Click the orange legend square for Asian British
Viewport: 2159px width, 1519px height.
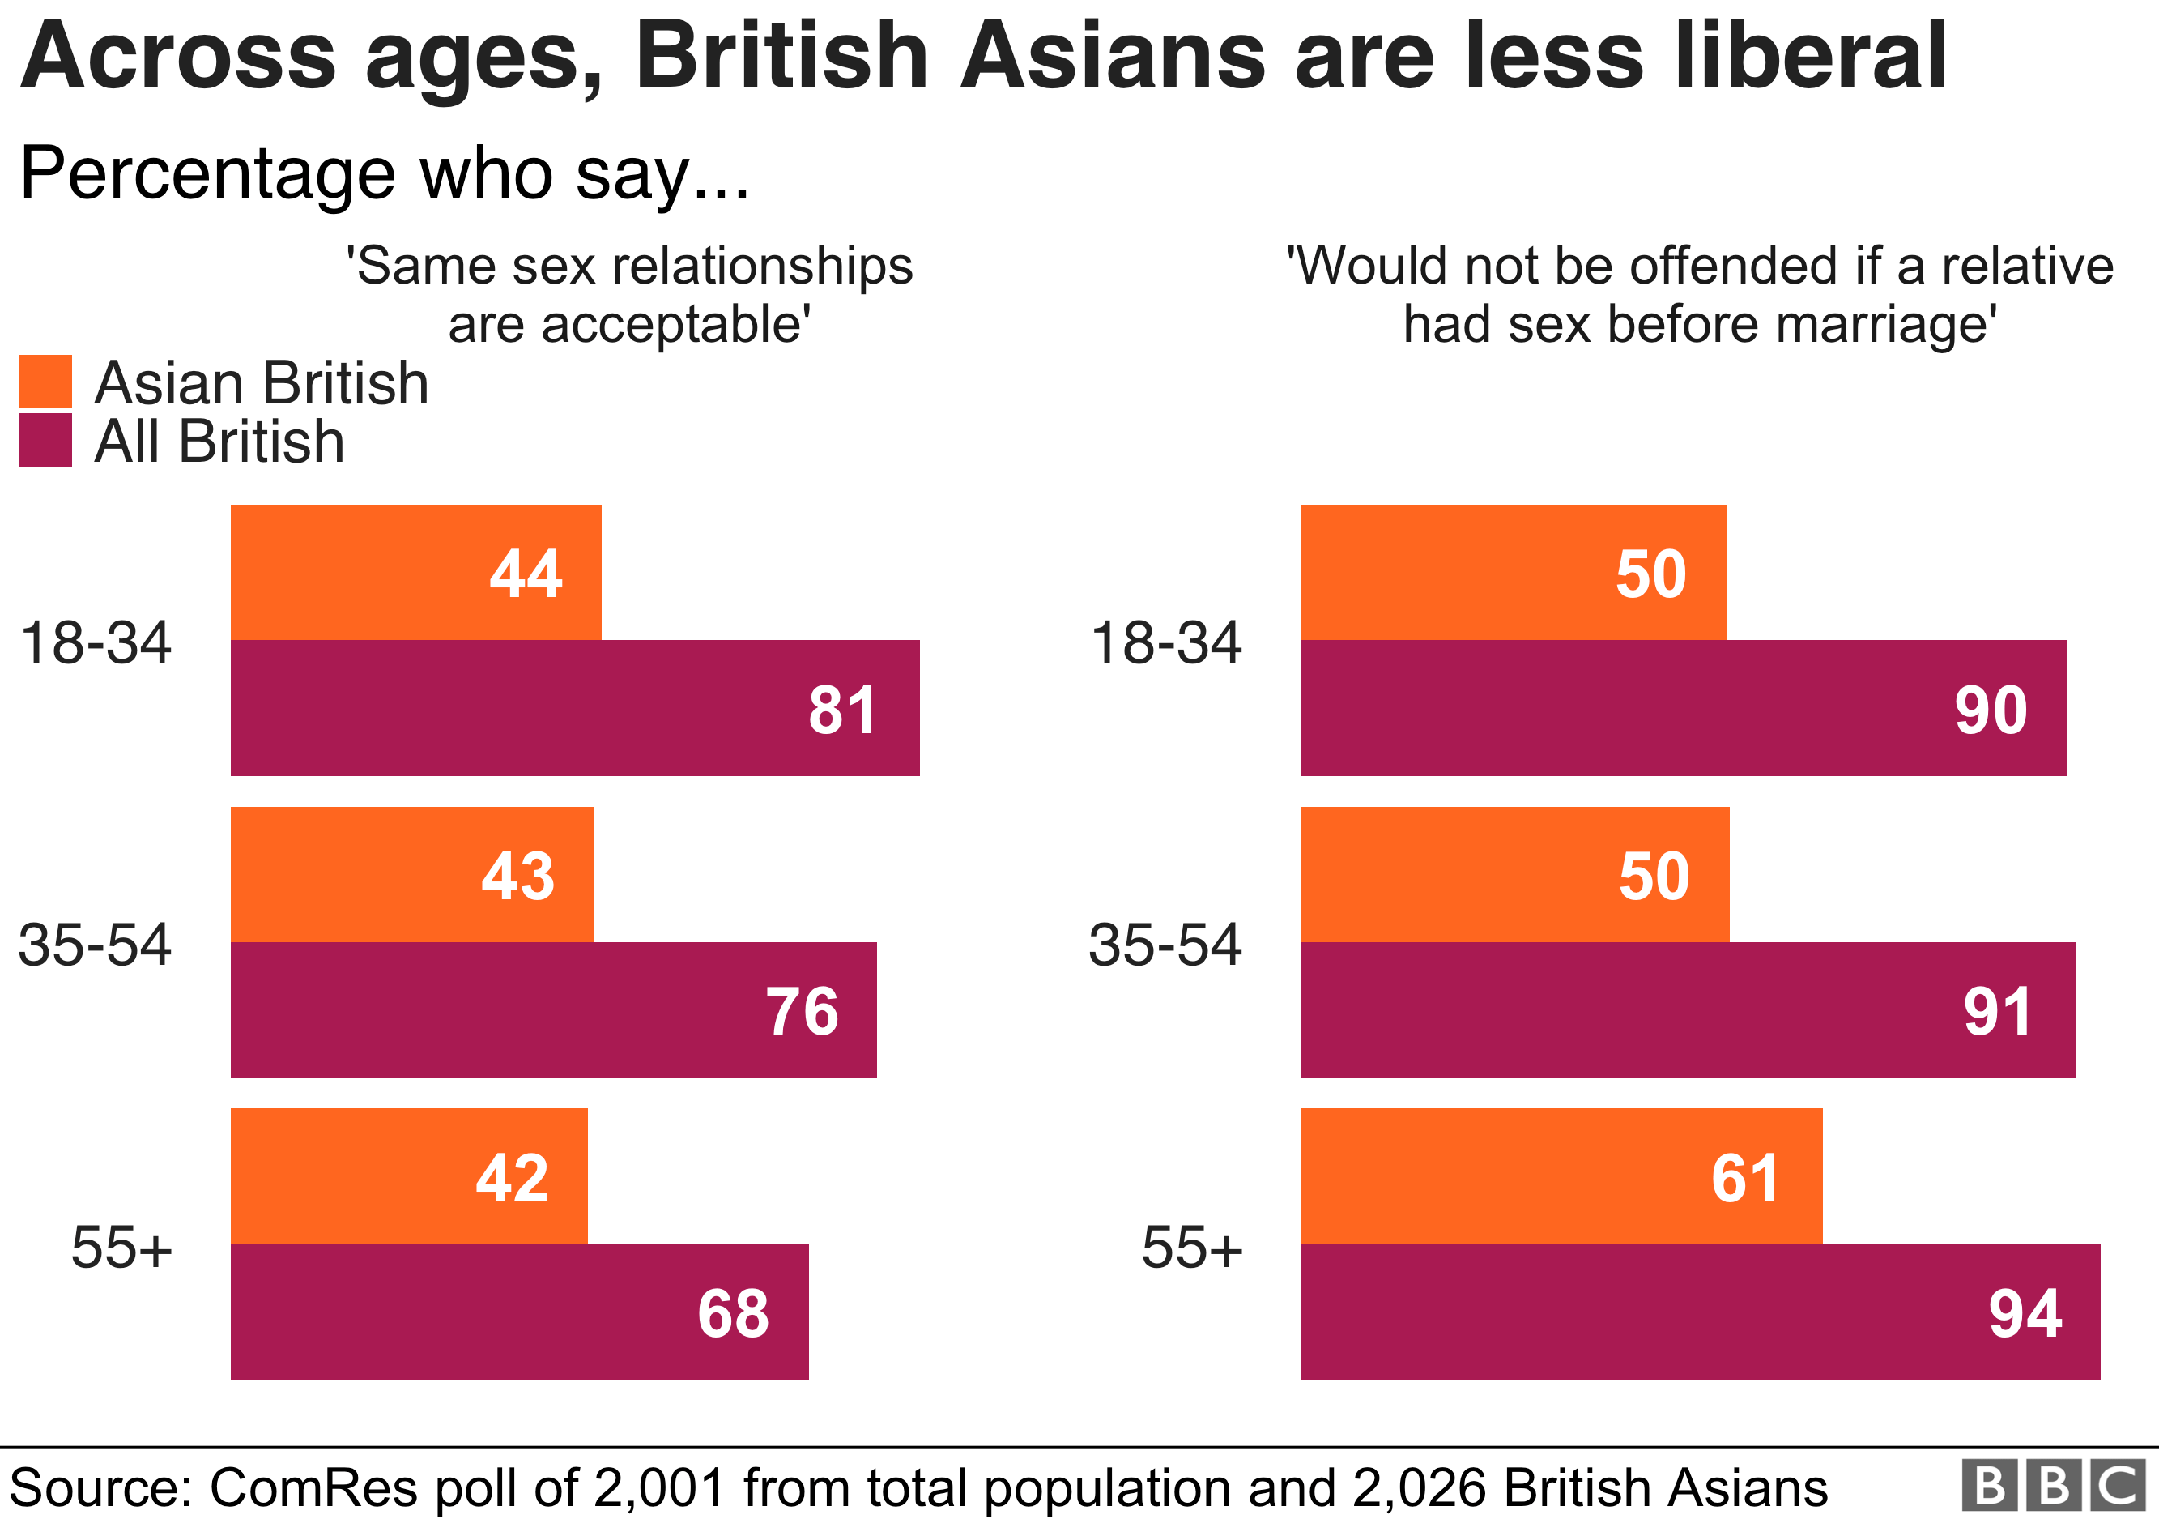pyautogui.click(x=45, y=382)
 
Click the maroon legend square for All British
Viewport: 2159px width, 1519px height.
pyautogui.click(x=45, y=440)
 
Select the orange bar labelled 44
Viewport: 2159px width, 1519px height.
pyautogui.click(x=415, y=573)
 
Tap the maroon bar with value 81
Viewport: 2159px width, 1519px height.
pyautogui.click(x=574, y=708)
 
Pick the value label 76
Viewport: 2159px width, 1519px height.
pyautogui.click(x=801, y=1012)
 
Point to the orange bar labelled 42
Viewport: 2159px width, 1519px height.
pyautogui.click(x=409, y=1176)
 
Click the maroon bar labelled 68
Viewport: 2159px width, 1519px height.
pyautogui.click(x=519, y=1313)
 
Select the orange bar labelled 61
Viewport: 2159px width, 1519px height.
pyautogui.click(x=1561, y=1176)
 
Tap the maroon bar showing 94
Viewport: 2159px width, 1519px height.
pyautogui.click(x=1700, y=1313)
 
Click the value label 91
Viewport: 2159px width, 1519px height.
pyautogui.click(x=1997, y=1012)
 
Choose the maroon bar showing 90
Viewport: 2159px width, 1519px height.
pyautogui.click(x=1683, y=708)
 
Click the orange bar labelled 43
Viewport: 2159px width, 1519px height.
pyautogui.click(x=412, y=875)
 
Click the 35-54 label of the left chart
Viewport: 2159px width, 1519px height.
pyautogui.click(x=95, y=945)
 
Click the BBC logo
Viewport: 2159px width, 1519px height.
pyautogui.click(x=2054, y=1487)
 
